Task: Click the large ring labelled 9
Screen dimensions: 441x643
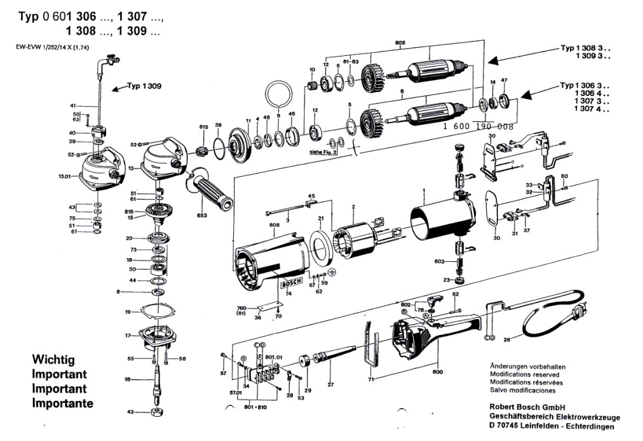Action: click(x=277, y=95)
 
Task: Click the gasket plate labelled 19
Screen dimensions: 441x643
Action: click(x=155, y=311)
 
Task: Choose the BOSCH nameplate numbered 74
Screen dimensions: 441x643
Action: click(x=287, y=283)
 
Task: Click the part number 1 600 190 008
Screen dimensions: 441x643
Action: click(x=478, y=126)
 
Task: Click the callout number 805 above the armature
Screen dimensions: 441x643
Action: click(x=400, y=43)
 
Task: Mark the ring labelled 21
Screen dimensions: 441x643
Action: click(x=321, y=247)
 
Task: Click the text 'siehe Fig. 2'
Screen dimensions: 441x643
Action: click(x=323, y=153)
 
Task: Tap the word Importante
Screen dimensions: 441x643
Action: click(x=62, y=404)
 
